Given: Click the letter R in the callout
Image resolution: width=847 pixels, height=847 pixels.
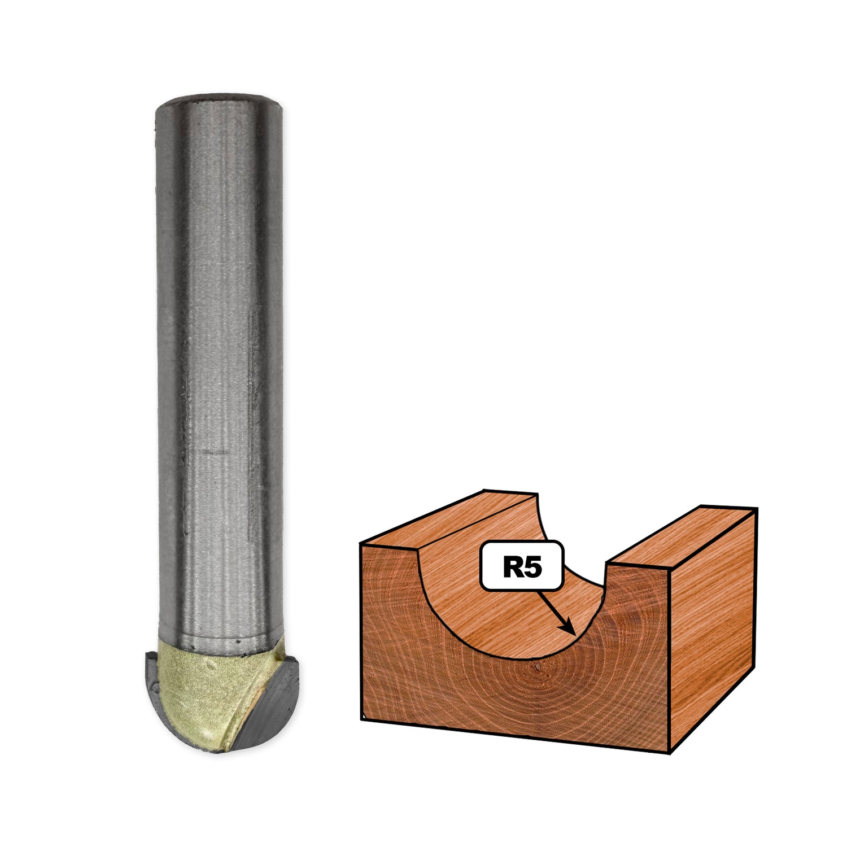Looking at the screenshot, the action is coord(513,566).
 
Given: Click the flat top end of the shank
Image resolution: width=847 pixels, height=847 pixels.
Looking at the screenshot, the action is coord(219,97).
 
